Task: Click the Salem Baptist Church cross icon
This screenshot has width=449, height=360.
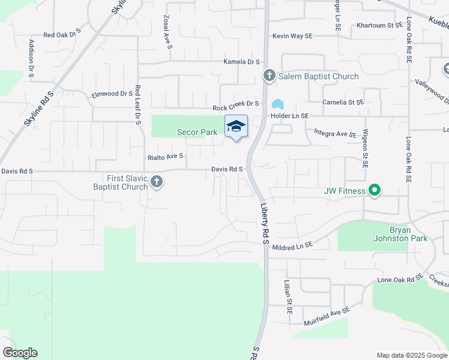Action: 269,76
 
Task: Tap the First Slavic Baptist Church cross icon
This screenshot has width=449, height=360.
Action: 157,181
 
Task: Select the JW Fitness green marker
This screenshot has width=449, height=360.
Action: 375,191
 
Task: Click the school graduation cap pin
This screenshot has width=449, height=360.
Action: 236,127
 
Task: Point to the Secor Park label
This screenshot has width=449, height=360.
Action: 196,132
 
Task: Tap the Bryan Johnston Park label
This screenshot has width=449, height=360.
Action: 399,235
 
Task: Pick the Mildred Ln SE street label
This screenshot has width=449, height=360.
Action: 293,246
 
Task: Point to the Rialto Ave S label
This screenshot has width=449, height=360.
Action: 165,157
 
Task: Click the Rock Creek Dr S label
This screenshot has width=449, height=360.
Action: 235,107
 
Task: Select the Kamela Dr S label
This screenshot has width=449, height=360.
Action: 241,62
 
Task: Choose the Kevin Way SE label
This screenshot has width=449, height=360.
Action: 292,36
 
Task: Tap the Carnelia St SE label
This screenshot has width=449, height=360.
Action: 343,102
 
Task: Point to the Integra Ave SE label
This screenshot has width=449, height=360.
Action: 335,133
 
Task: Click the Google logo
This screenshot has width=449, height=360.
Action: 20,353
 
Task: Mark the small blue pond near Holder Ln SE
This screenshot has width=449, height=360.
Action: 277,104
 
